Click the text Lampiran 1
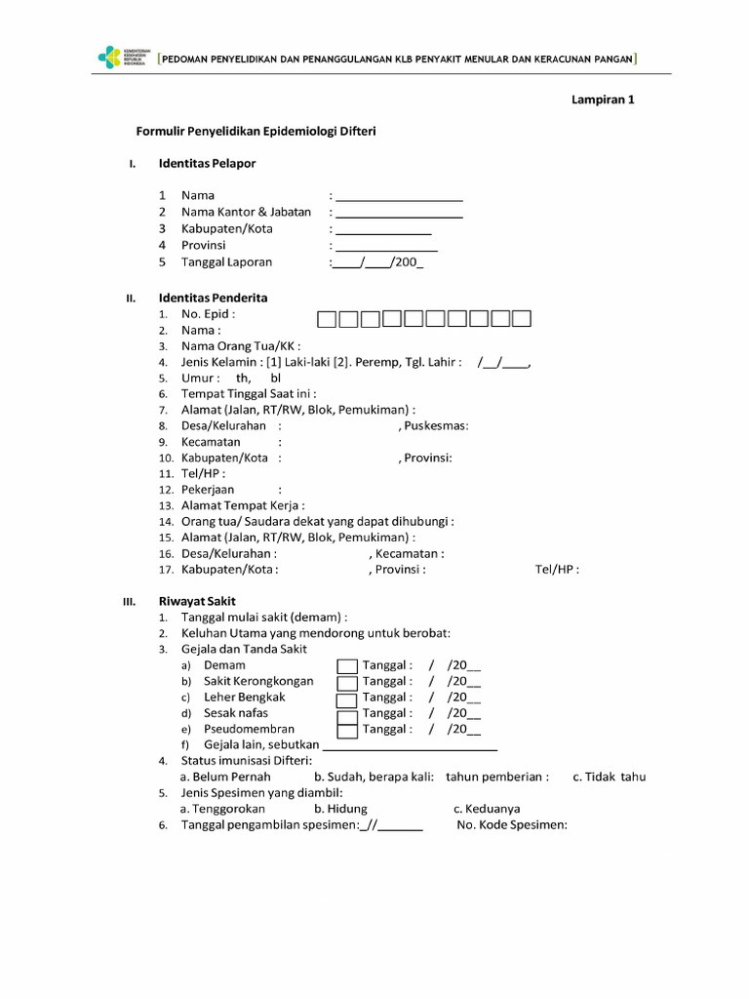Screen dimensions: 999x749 603,99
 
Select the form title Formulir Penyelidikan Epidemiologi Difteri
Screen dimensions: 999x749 256,131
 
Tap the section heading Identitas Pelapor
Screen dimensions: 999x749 207,163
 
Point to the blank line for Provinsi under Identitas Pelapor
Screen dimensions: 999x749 385,248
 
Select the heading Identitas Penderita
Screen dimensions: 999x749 213,298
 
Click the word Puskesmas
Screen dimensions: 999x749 436,425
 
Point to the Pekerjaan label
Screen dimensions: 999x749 208,489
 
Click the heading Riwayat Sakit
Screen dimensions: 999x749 197,601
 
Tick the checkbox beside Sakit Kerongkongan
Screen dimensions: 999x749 347,683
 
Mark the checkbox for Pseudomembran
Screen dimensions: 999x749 347,731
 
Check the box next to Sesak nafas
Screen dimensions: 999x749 347,715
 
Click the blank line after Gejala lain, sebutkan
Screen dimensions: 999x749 410,746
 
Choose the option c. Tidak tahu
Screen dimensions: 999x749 609,777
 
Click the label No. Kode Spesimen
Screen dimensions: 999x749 511,824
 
